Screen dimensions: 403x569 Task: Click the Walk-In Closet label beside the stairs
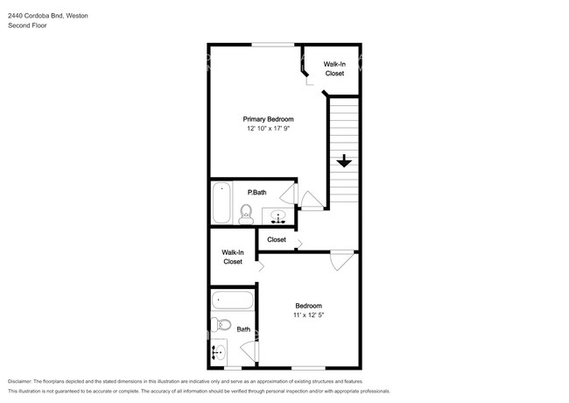click(x=334, y=69)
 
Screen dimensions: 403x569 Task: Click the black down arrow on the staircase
click(x=344, y=161)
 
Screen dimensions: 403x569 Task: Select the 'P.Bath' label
click(x=256, y=193)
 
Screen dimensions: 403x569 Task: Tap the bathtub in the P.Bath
click(x=221, y=202)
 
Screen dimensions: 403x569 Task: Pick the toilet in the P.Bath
click(x=246, y=212)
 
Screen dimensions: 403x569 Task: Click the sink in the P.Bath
click(x=280, y=216)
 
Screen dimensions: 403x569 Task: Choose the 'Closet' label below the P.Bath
click(x=277, y=239)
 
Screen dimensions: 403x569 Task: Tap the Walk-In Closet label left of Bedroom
click(x=232, y=257)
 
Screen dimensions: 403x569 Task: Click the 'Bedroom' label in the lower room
click(x=307, y=306)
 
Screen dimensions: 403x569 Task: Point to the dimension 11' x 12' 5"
click(x=307, y=316)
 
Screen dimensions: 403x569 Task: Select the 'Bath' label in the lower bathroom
click(x=243, y=329)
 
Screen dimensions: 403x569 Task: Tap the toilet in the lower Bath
click(x=221, y=326)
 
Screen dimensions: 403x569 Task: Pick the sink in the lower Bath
click(x=218, y=353)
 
